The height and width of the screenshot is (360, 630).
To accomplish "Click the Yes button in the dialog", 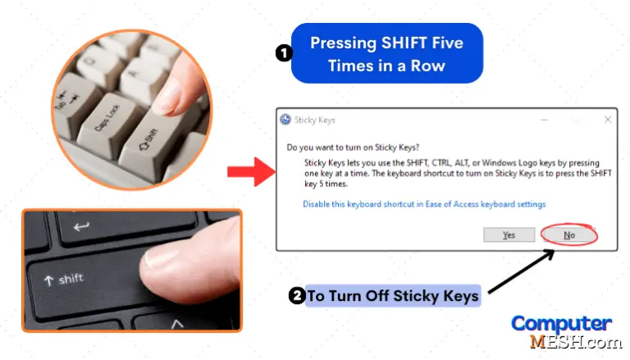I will coord(508,235).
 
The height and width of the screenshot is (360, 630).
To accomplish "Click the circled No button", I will coord(568,235).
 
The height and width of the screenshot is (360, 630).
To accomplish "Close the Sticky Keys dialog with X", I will coord(606,120).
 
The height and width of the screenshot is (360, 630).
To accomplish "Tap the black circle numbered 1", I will coord(283,53).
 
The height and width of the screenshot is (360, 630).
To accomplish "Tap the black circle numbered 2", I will coord(297,296).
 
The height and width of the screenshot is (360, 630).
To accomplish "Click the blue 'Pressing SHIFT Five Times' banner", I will coord(386,53).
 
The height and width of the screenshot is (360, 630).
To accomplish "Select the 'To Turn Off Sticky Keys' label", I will coord(393,296).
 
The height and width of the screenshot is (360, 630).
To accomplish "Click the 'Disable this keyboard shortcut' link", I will coord(424,204).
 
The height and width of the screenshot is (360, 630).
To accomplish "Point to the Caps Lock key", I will coord(110,116).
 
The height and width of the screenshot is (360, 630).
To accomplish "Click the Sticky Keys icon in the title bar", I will coord(285,120).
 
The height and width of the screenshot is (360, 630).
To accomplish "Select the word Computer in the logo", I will coord(561,322).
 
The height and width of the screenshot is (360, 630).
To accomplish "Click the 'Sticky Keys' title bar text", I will coord(316,120).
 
